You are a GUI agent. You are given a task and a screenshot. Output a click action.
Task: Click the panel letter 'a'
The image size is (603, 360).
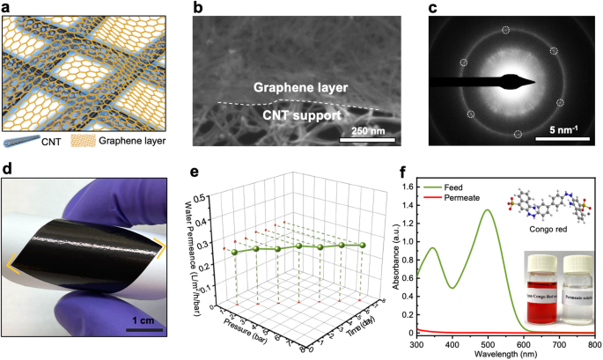click(6, 8)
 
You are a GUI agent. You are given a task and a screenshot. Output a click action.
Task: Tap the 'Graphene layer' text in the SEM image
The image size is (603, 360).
click(298, 88)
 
